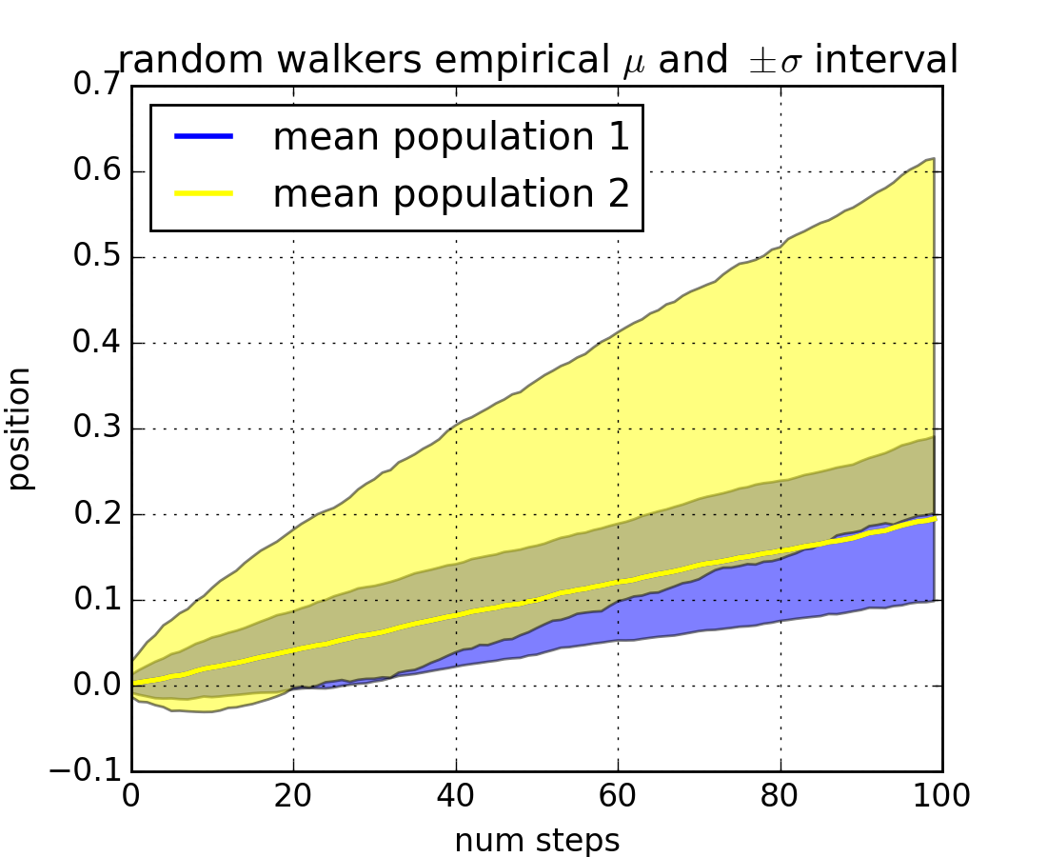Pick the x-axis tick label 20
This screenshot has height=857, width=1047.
tap(293, 796)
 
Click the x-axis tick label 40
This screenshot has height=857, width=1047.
tap(456, 796)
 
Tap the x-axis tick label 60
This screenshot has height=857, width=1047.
tap(618, 796)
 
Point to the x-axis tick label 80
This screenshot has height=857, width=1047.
tap(780, 796)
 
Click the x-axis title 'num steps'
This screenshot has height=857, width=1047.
tap(537, 841)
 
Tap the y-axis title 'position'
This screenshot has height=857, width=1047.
tap(21, 428)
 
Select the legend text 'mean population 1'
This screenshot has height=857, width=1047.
tap(451, 138)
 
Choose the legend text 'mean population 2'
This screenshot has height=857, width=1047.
tap(451, 193)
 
